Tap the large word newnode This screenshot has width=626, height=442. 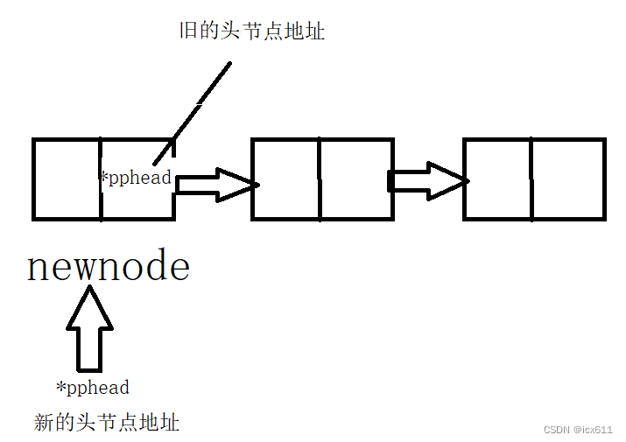[109, 267]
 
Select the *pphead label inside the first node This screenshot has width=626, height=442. [136, 179]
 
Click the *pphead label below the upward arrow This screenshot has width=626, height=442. [93, 387]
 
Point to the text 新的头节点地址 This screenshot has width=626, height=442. [107, 423]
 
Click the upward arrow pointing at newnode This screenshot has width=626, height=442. [89, 328]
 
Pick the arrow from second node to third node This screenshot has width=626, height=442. [427, 180]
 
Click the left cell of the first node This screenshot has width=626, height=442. [67, 179]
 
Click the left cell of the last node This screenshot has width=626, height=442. [497, 179]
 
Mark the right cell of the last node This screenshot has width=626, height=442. [567, 179]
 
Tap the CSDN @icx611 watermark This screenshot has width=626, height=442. [578, 430]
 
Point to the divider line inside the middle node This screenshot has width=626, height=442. [320, 179]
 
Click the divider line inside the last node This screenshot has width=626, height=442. [531, 179]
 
